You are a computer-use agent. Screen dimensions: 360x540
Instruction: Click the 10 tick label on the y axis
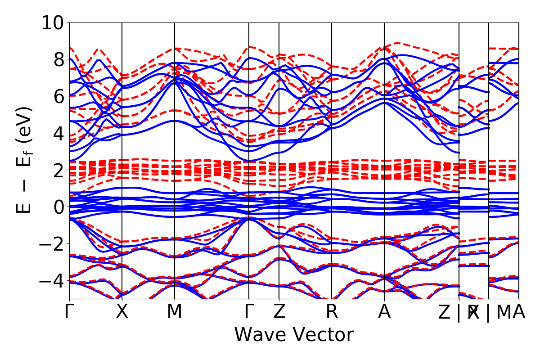53,22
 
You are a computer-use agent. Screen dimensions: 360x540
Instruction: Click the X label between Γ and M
122,312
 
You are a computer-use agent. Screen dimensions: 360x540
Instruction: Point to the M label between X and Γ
175,312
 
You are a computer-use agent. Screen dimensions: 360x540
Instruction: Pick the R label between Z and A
332,312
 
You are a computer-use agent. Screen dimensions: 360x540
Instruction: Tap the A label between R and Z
384,312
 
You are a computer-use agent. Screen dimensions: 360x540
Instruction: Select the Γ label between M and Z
249,312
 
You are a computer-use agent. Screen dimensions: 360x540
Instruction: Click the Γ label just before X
69,312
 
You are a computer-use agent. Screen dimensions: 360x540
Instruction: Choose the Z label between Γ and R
279,312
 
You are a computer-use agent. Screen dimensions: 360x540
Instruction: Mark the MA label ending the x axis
511,312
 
